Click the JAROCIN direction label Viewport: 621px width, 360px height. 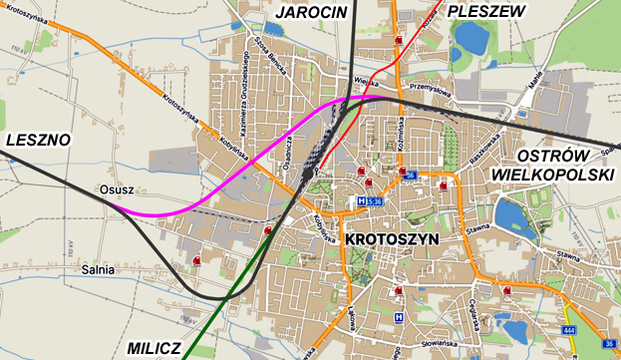[310, 12]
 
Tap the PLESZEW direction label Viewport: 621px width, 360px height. [485, 11]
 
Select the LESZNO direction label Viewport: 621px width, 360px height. [38, 141]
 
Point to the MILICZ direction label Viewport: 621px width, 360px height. [155, 348]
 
